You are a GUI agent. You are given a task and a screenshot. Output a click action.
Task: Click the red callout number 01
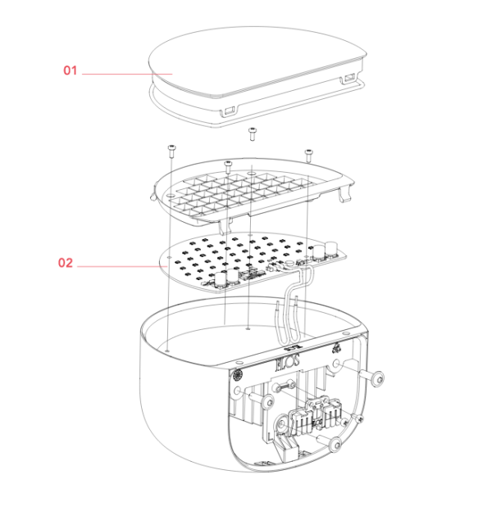tap(71, 70)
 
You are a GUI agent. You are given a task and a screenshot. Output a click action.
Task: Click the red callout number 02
tap(66, 263)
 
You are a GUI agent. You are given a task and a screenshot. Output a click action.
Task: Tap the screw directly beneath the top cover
tap(252, 134)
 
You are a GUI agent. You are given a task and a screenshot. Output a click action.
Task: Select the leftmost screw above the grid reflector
tap(171, 152)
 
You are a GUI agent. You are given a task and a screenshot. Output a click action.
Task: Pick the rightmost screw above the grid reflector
tap(308, 156)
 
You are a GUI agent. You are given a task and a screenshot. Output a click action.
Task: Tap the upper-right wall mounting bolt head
tap(378, 378)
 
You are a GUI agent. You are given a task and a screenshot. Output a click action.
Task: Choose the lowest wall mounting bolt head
tap(335, 445)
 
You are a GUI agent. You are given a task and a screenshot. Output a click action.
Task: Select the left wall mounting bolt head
tap(268, 402)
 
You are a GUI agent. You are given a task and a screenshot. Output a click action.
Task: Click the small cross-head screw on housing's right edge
tap(360, 419)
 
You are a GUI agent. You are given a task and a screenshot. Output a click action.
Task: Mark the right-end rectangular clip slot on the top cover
tap(348, 79)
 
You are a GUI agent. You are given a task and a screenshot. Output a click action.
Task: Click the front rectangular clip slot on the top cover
tap(228, 111)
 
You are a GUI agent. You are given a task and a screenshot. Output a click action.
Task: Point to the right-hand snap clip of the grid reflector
tap(345, 194)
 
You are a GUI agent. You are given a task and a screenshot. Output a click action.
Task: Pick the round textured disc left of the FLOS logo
tap(238, 375)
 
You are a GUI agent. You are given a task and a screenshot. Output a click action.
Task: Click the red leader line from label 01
tap(127, 75)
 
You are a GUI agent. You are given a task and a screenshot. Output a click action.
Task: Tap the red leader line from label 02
tap(122, 267)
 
